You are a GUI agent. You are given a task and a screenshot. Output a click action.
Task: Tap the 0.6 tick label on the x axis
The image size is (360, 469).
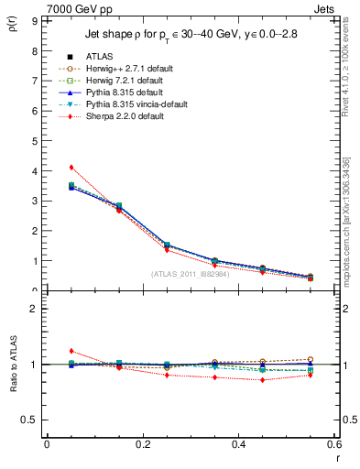pos(334,443)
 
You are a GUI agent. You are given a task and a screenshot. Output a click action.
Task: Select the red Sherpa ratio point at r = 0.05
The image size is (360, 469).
pos(71,351)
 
